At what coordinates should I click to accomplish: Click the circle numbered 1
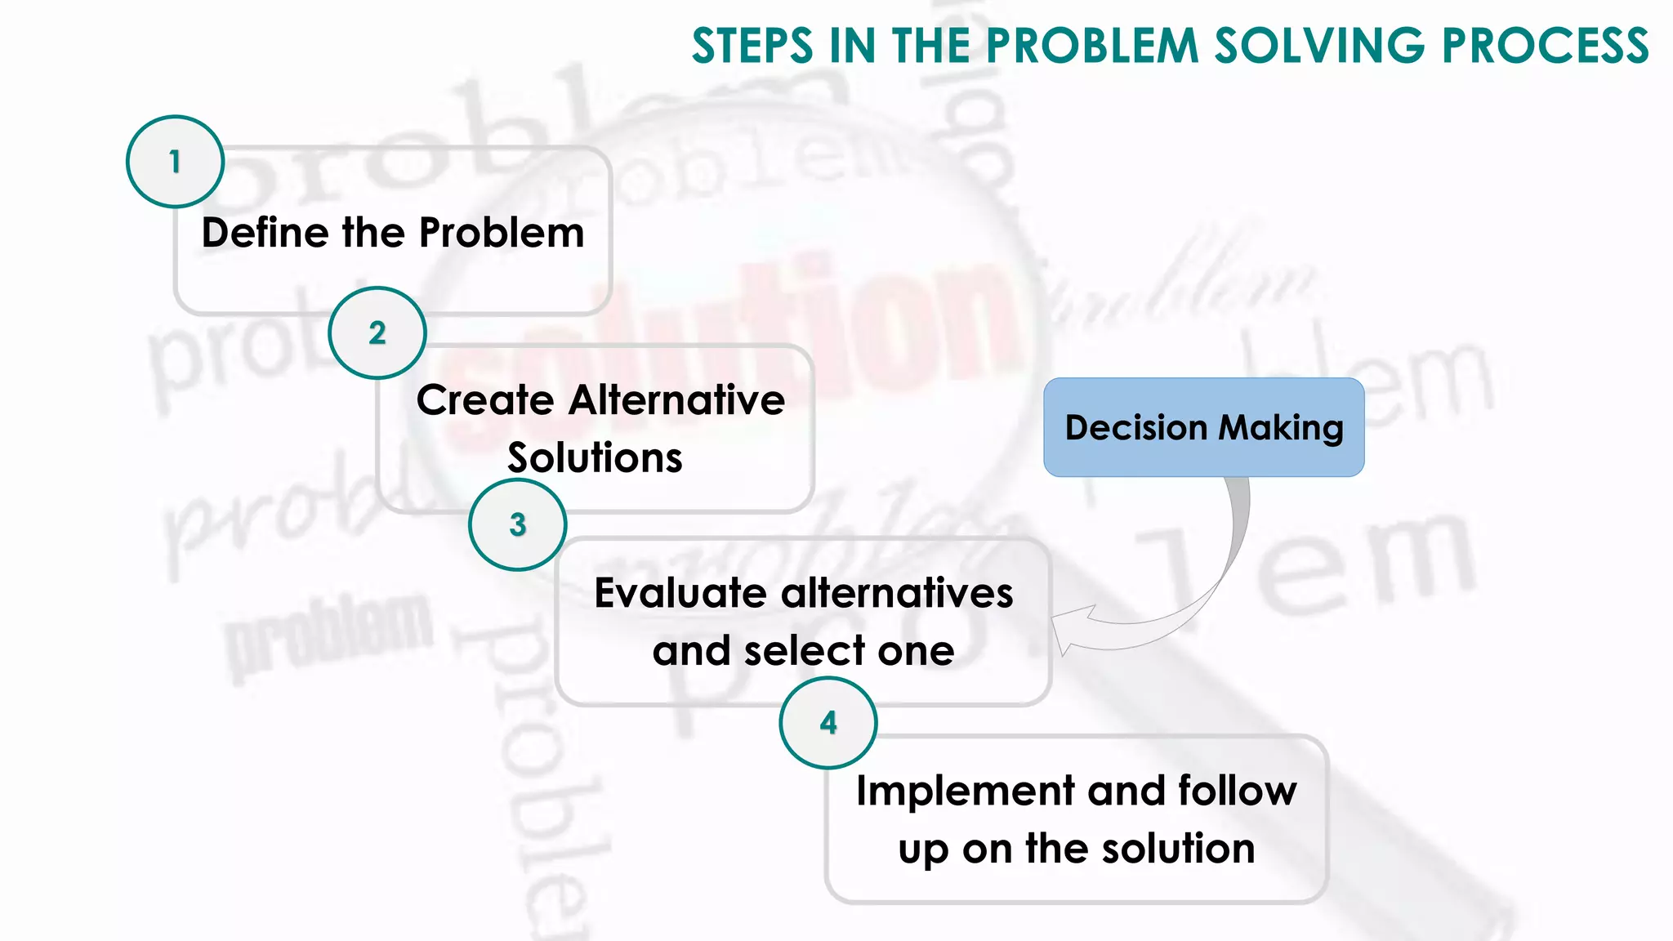[175, 162]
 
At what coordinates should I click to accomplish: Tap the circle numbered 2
[377, 332]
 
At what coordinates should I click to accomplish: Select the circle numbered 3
[517, 524]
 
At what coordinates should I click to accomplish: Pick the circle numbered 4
[828, 722]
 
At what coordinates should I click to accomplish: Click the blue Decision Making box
[1203, 427]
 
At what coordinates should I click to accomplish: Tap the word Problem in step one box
[502, 233]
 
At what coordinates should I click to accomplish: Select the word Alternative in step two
[676, 400]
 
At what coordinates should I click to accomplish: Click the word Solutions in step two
[595, 457]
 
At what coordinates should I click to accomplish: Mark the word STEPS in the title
[752, 46]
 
